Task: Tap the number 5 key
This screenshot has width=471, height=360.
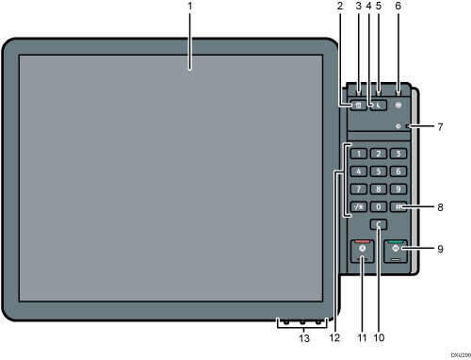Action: point(377,171)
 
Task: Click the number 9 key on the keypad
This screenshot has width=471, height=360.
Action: point(398,188)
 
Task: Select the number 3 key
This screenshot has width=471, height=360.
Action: point(398,153)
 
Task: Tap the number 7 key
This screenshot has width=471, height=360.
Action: point(356,188)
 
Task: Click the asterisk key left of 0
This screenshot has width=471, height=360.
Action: point(356,206)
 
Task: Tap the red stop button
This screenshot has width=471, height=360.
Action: point(361,250)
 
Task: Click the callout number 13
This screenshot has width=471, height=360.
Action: point(303,336)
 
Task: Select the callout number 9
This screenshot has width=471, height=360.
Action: point(440,249)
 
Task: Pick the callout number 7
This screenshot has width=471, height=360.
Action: point(440,126)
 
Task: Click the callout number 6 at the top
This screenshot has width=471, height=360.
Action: point(398,7)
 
